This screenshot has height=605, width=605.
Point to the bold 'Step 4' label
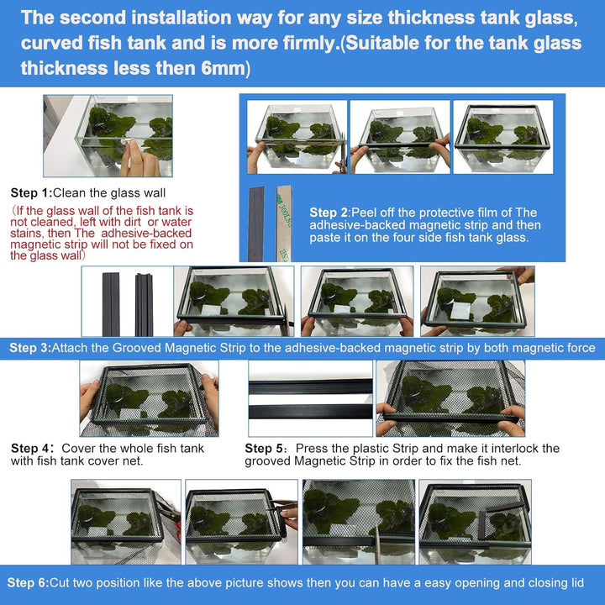(31, 449)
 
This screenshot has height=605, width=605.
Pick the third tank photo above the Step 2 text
(503, 137)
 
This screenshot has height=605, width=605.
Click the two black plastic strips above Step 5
(310, 399)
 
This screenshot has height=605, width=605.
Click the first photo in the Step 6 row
(126, 521)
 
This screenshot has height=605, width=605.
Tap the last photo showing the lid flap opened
(475, 521)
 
